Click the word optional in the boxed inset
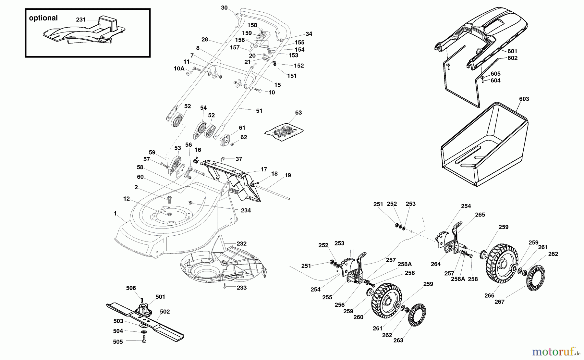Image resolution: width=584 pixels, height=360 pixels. click(x=43, y=18)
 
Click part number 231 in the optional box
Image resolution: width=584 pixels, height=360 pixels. click(x=81, y=20)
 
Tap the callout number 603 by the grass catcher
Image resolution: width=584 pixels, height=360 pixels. click(x=524, y=99)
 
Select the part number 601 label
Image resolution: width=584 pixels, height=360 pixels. click(x=512, y=51)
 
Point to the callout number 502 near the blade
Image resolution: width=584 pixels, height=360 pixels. click(x=165, y=312)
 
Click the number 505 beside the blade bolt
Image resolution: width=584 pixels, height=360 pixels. click(x=118, y=342)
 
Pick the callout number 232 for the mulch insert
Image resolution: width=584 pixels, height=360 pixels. click(x=241, y=243)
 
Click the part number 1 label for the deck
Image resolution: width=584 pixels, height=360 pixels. click(x=115, y=214)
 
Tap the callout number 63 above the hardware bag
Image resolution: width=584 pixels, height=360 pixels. click(x=298, y=113)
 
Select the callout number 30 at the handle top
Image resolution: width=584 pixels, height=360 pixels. click(x=224, y=8)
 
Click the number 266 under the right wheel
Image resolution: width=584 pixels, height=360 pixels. click(x=489, y=295)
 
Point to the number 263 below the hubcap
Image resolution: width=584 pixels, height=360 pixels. click(x=398, y=340)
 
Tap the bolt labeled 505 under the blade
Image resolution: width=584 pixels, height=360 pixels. click(x=144, y=339)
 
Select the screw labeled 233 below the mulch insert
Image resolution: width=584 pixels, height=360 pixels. click(x=224, y=286)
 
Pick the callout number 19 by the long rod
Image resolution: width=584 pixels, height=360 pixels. click(x=287, y=175)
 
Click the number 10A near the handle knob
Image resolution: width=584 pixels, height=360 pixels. click(x=179, y=68)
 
